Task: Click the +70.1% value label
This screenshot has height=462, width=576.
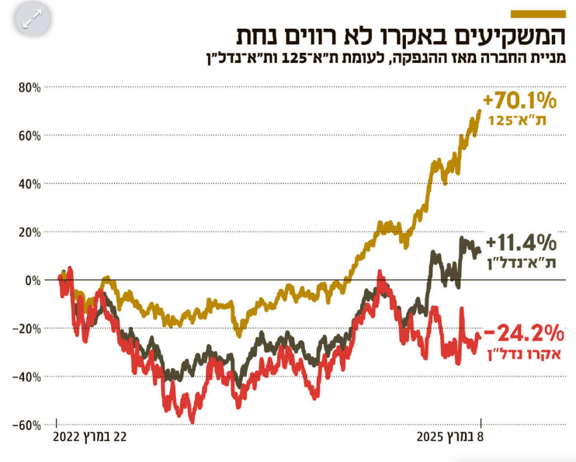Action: [x=520, y=101]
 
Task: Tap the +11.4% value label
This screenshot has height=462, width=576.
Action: [x=522, y=241]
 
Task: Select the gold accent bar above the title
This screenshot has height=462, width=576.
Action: [x=538, y=13]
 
